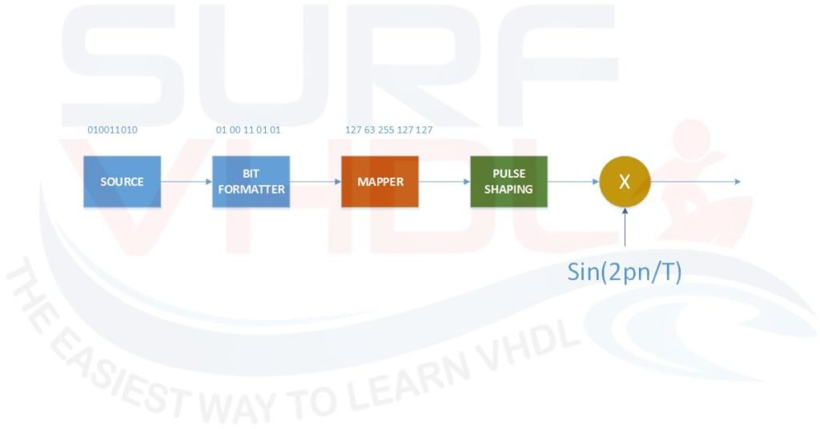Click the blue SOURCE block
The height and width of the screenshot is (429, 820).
pos(122,182)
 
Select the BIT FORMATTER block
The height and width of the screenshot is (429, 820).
pos(251,182)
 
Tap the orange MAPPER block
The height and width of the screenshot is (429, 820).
pos(380,182)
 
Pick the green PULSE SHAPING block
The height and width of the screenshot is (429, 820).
pos(508,182)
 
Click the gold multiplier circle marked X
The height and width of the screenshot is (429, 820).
pos(625,182)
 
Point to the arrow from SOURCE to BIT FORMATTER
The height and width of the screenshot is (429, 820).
pos(186,182)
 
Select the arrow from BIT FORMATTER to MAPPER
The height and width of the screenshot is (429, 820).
pos(316,182)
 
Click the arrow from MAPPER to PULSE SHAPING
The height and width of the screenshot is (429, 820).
pos(444,182)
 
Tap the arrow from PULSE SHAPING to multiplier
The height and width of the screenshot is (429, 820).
pos(573,182)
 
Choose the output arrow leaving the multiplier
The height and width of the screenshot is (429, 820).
pos(696,182)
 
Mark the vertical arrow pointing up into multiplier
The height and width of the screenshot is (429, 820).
pos(625,227)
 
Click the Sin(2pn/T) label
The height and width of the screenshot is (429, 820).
pos(625,272)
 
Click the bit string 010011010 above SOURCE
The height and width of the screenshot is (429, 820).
pos(112,130)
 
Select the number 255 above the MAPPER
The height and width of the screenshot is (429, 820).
pos(386,130)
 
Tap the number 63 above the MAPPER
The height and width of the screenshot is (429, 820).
pos(369,130)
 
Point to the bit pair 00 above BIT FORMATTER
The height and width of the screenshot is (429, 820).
pos(235,130)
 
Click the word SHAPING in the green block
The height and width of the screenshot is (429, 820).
pos(508,189)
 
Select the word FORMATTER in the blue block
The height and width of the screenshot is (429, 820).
pos(251,189)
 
